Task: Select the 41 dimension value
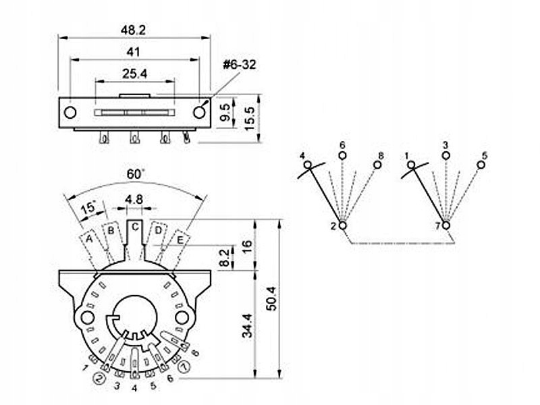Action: click(134, 52)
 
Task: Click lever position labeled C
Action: click(135, 227)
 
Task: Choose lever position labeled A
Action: click(89, 238)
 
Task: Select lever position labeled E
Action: click(181, 238)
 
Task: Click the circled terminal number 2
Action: click(100, 378)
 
